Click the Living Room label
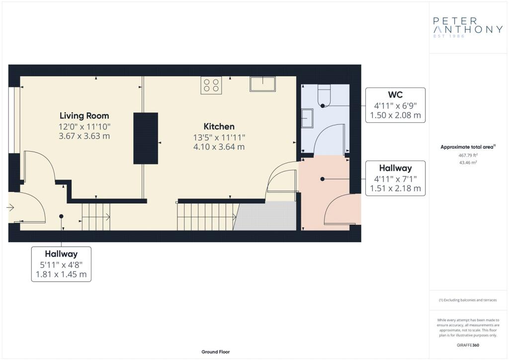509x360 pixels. [x=84, y=116]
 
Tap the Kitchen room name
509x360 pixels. [x=219, y=126]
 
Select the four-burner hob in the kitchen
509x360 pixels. [x=211, y=85]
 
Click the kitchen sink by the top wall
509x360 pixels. [x=262, y=84]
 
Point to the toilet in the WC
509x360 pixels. [x=324, y=96]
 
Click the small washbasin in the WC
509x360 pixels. [x=307, y=118]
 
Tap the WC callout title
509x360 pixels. [x=395, y=95]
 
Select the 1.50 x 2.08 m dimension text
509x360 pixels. [x=395, y=115]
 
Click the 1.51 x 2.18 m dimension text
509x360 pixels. [x=395, y=188]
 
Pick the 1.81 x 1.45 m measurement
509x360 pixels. [x=61, y=274]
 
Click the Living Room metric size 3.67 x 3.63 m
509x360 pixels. [x=84, y=136]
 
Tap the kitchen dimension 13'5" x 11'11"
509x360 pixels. [x=219, y=138]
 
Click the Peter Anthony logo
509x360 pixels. [x=468, y=27]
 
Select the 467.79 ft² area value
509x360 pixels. [x=468, y=155]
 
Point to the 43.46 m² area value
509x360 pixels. [x=468, y=162]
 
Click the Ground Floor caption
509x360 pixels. [x=216, y=352]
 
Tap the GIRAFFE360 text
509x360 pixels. [x=468, y=345]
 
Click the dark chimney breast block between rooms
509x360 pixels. [x=146, y=138]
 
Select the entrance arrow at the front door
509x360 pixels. [x=10, y=207]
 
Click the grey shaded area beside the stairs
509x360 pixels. [x=265, y=216]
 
